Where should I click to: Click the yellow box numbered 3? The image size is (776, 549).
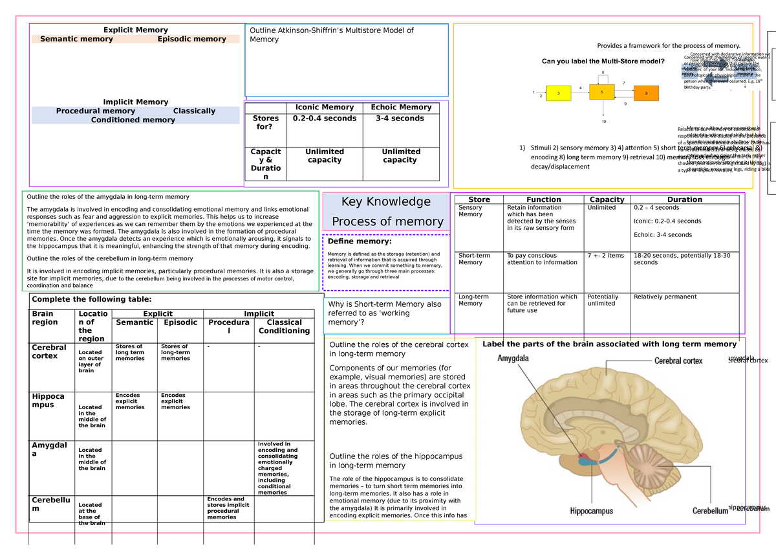(558, 93)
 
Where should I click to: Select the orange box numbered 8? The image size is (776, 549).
(645, 93)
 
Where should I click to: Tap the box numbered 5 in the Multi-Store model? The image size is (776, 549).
(601, 92)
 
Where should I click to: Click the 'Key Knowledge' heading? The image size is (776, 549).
(385, 201)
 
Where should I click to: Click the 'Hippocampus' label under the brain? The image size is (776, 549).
(591, 511)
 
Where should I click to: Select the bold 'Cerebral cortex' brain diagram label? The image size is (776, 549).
(678, 361)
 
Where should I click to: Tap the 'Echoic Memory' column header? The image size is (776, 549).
(401, 107)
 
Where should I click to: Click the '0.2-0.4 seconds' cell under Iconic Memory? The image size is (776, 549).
(324, 118)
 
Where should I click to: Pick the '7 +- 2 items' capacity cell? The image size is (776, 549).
(605, 256)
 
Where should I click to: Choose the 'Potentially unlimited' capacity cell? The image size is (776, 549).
(602, 300)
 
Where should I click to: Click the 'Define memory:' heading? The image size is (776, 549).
(360, 241)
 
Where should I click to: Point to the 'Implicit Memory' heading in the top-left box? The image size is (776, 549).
(136, 102)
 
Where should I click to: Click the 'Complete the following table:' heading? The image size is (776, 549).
(91, 299)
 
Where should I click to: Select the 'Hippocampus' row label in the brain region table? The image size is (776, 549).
(48, 400)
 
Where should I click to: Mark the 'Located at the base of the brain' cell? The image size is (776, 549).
(90, 513)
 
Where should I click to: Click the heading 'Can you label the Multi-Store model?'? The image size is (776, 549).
(603, 62)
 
